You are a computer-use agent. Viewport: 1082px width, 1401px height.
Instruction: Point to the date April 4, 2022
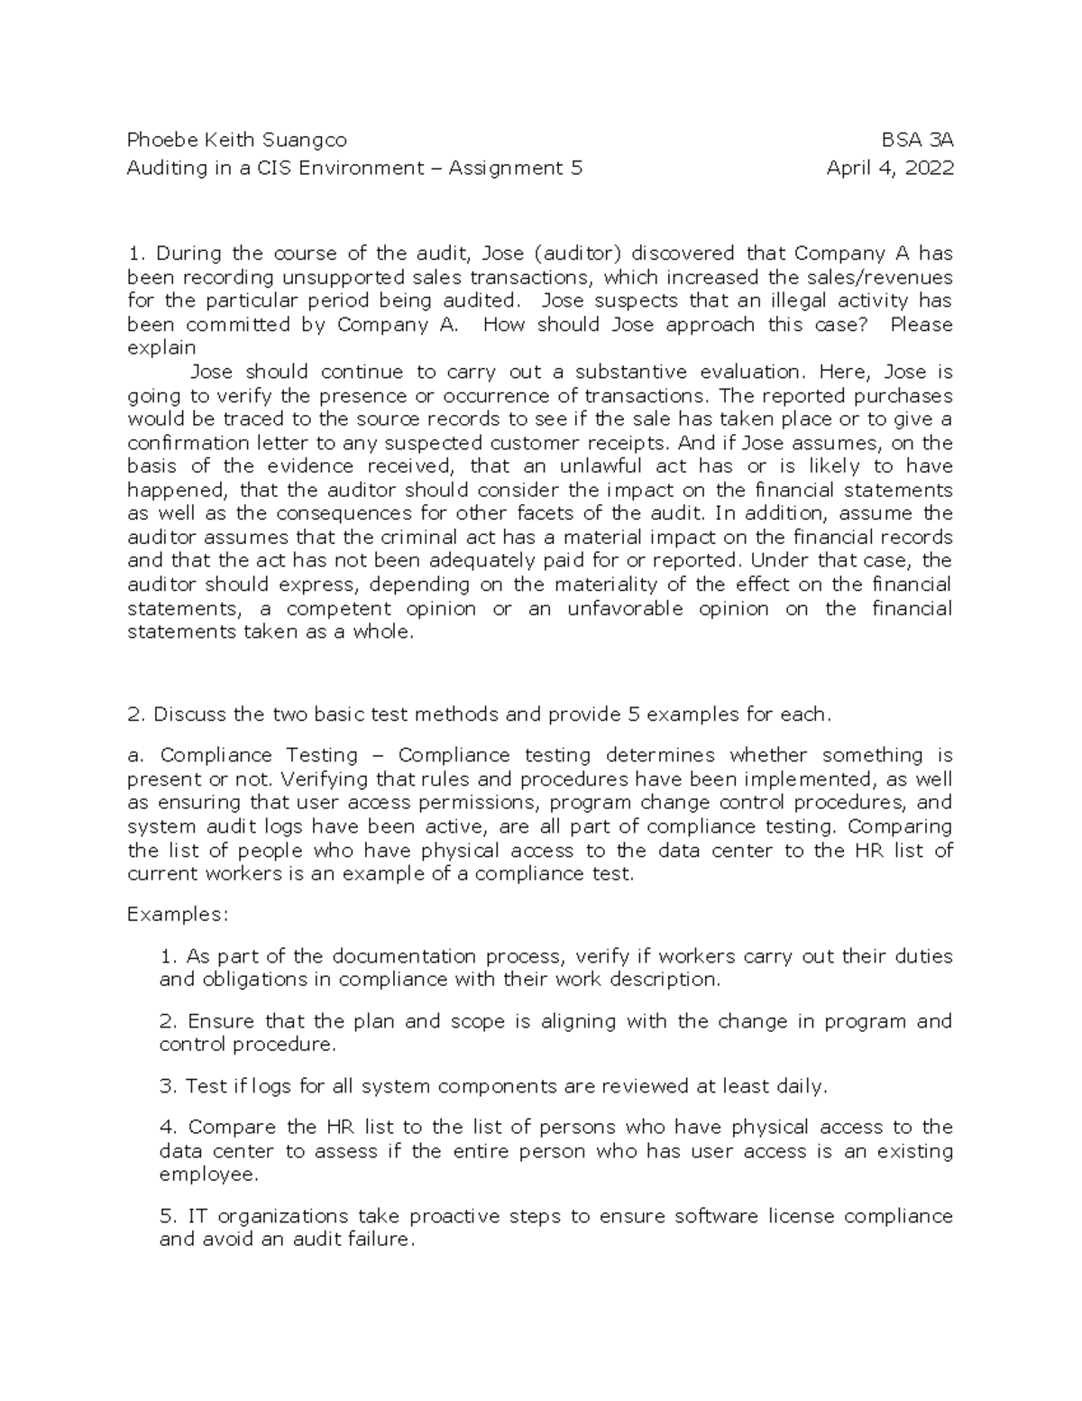(890, 168)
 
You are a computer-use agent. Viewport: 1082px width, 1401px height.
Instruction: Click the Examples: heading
(179, 915)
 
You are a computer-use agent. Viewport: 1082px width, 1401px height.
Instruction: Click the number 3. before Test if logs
(168, 1086)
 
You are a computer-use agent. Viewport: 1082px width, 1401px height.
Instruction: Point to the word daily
(801, 1086)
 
